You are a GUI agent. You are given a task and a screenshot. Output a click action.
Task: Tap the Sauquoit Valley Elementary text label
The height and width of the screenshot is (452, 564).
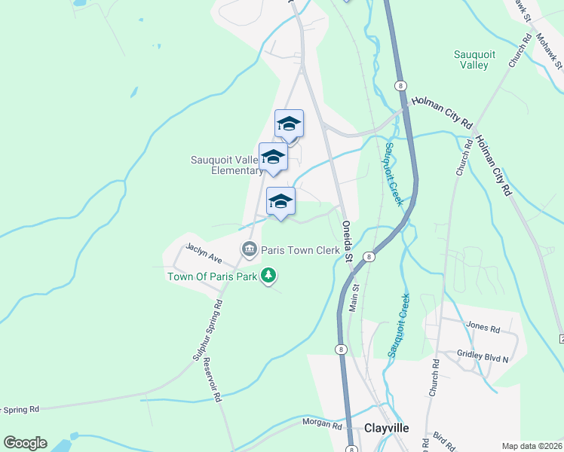[x=226, y=165]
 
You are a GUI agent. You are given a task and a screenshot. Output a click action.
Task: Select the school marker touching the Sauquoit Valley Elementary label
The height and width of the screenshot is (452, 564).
[x=273, y=157]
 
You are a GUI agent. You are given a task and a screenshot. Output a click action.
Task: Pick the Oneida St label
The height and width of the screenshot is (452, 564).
[x=348, y=240]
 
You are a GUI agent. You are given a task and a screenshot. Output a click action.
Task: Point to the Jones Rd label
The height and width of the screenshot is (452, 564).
[x=483, y=328]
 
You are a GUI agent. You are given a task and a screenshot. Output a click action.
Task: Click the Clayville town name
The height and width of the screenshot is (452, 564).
[x=387, y=427]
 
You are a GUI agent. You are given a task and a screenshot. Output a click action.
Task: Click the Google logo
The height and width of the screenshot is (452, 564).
[x=25, y=443]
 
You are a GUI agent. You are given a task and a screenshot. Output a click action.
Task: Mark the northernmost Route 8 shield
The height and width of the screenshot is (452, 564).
[x=400, y=86]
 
